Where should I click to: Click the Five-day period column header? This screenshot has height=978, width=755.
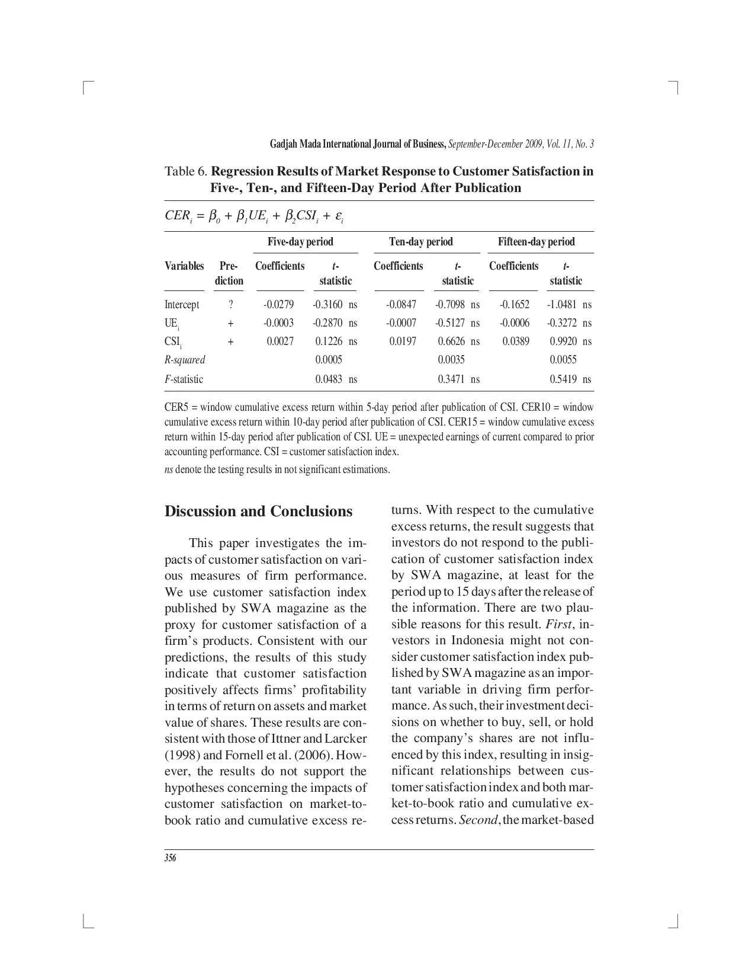[x=300, y=242]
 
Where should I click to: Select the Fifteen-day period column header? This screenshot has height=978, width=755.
[x=536, y=242]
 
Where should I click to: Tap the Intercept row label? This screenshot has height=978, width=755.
[x=182, y=305]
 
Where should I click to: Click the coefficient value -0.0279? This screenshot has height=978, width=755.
[x=278, y=305]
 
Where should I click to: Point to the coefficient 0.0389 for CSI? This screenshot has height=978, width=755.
[x=516, y=341]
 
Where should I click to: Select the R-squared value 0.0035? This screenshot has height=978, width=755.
[x=451, y=360]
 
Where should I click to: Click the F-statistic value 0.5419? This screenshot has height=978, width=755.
[x=563, y=379]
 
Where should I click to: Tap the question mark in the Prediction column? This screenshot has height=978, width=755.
[x=230, y=305]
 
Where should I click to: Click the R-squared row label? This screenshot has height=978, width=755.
[x=185, y=360]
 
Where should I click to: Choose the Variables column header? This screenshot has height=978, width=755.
[x=184, y=266]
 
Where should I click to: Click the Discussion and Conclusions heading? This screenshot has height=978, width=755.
[x=258, y=512]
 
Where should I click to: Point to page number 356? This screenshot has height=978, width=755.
[x=171, y=858]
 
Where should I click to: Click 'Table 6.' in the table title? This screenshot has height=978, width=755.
[x=186, y=172]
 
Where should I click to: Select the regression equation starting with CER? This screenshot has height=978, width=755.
[x=254, y=216]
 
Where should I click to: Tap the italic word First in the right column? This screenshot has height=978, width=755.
[x=559, y=624]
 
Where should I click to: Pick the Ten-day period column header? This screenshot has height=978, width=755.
[x=420, y=242]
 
